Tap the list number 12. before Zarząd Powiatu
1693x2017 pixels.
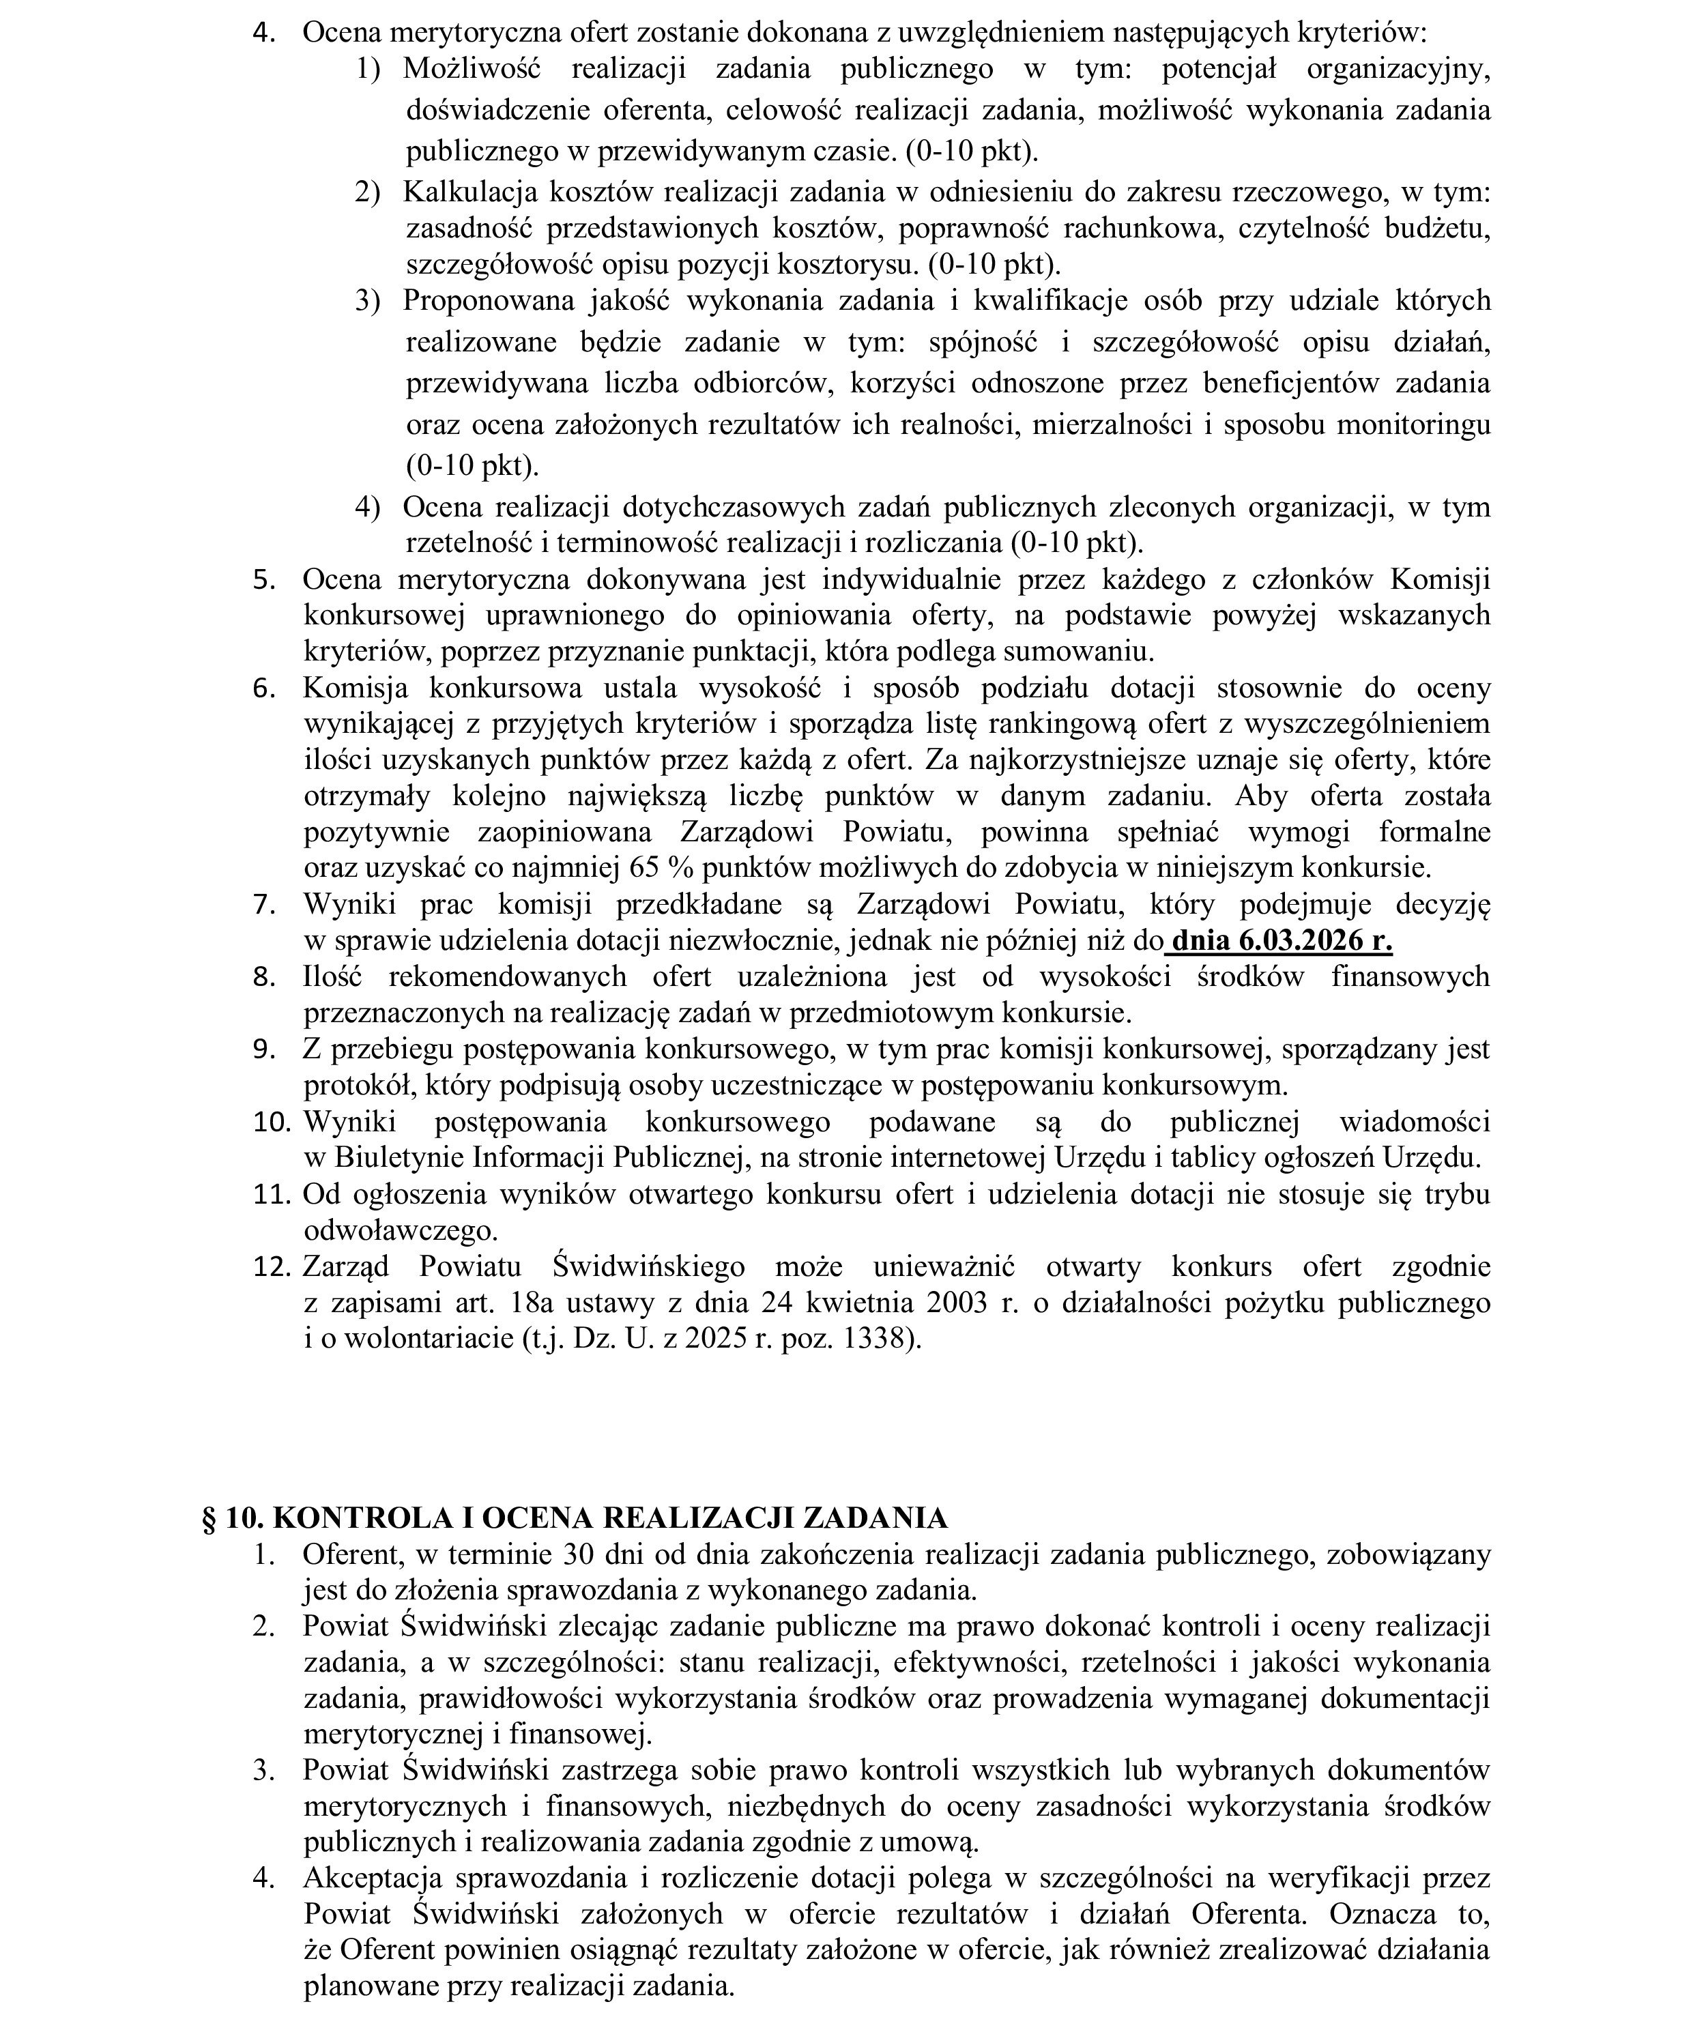coord(272,1266)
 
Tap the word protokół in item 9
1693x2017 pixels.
coord(354,1086)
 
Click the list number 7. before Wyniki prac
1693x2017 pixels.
coord(264,904)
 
